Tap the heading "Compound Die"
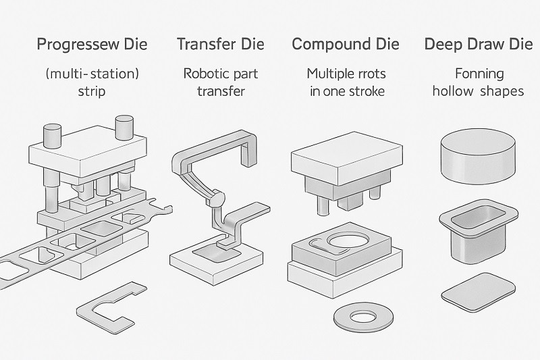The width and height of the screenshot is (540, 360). pyautogui.click(x=345, y=45)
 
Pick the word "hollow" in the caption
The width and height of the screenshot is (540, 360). pyautogui.click(x=454, y=91)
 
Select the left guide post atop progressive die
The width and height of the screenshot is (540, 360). pyautogui.click(x=53, y=135)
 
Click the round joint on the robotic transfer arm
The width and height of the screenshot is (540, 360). pyautogui.click(x=215, y=200)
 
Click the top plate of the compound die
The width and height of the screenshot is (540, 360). pyautogui.click(x=343, y=161)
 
